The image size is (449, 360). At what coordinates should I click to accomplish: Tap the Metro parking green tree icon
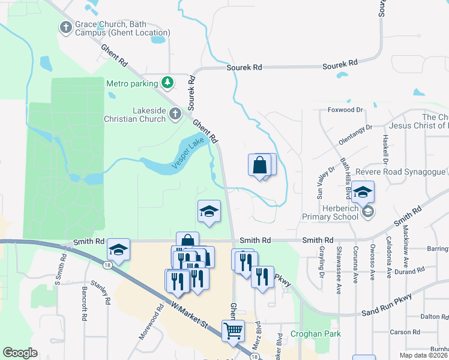tap(169, 83)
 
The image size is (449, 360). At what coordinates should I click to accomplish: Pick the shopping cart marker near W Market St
tap(233, 329)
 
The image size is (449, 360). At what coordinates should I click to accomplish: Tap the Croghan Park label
tap(315, 334)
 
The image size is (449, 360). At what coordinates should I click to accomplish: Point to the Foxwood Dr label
tap(346, 110)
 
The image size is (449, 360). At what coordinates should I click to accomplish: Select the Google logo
tap(20, 352)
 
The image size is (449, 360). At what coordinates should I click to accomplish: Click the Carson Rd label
tap(405, 332)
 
